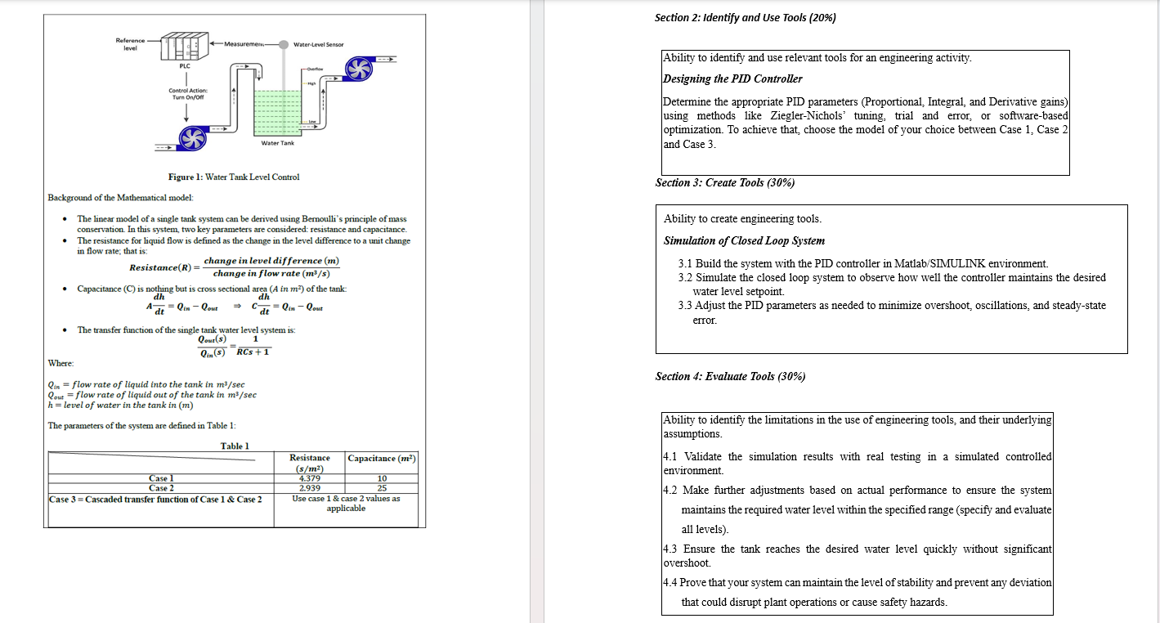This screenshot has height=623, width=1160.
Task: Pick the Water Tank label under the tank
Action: [277, 143]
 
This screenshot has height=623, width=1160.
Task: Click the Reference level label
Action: [130, 44]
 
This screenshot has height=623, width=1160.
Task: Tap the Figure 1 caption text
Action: [234, 177]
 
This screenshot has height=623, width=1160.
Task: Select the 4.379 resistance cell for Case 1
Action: [310, 478]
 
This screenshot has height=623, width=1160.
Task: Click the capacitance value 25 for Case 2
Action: [382, 487]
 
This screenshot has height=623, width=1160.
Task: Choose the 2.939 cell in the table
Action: [310, 487]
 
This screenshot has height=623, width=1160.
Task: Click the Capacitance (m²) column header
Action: [382, 459]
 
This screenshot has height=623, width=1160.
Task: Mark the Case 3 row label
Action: [155, 499]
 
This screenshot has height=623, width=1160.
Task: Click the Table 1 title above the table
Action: [235, 446]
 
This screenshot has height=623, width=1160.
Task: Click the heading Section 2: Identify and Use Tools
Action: [745, 17]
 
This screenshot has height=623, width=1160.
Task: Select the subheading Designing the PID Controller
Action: [732, 78]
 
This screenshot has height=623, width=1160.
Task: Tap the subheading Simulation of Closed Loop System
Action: [744, 240]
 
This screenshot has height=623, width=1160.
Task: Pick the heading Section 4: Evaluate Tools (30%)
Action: [730, 376]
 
